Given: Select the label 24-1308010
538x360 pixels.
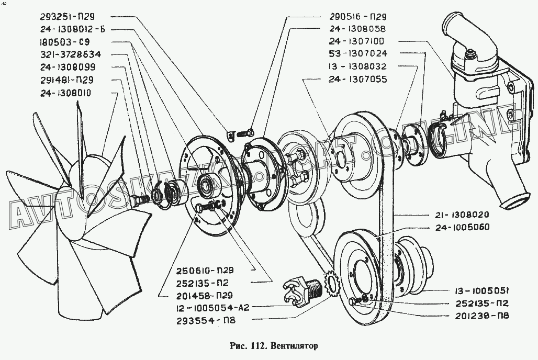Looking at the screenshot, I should click(72, 93).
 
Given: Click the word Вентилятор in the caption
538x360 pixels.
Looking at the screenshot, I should click(294, 346).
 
